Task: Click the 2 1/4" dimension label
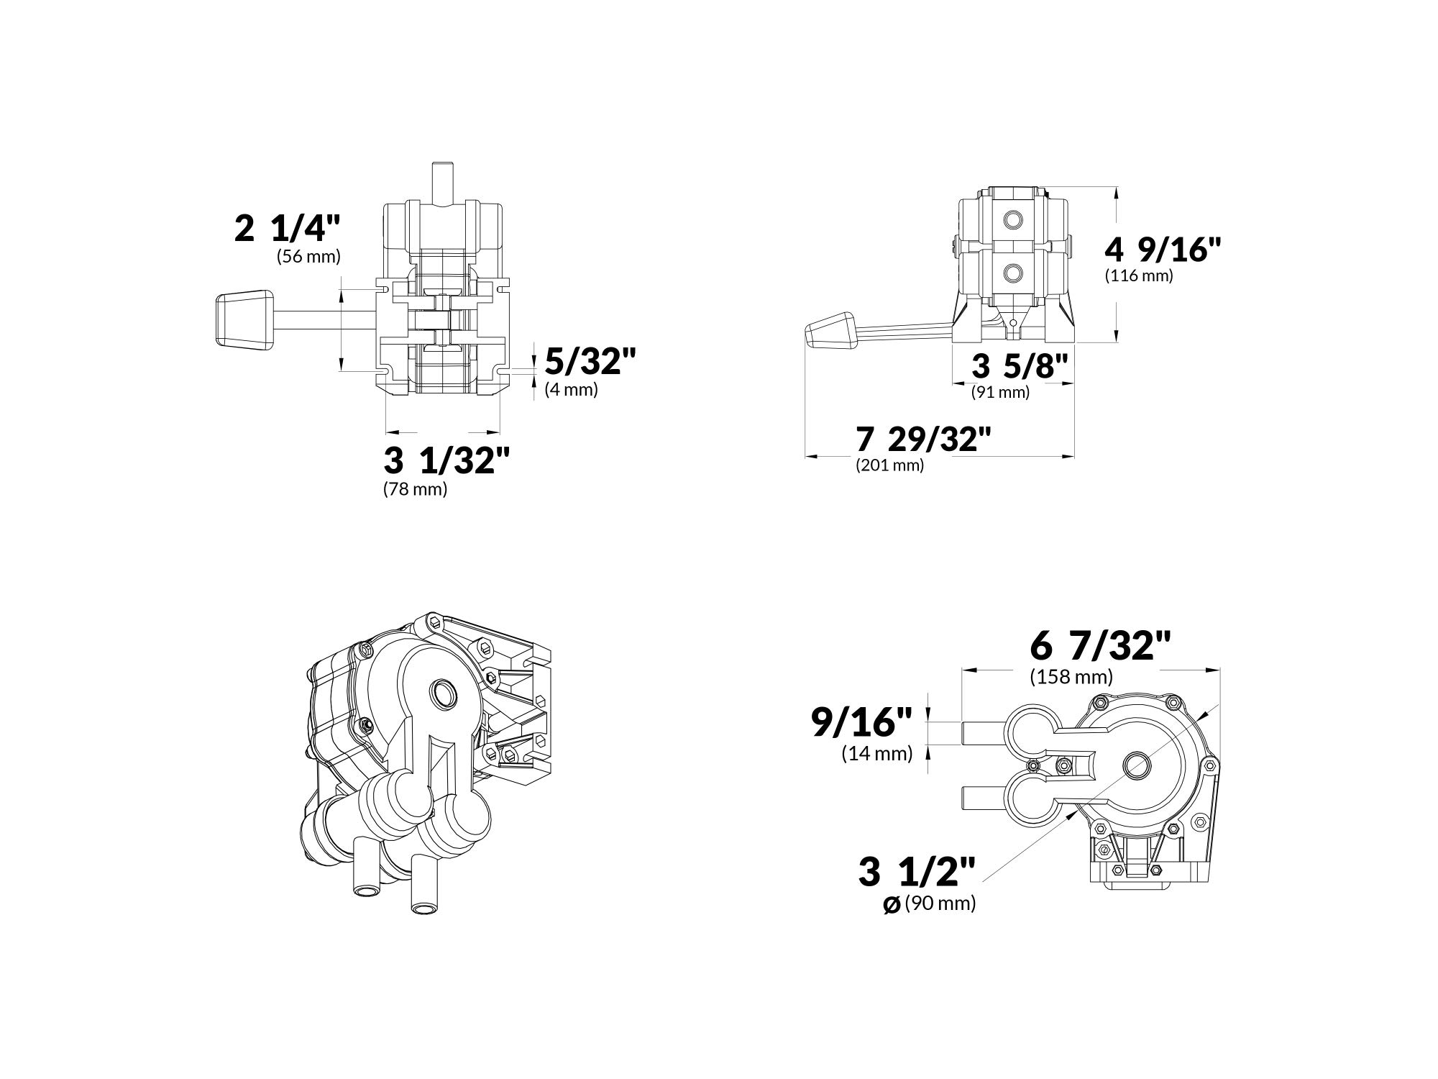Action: click(287, 228)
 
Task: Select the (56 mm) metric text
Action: click(308, 256)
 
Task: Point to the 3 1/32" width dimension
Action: click(446, 460)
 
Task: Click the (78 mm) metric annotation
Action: click(415, 489)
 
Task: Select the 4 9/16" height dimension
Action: click(1163, 249)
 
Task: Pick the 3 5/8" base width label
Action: click(1020, 366)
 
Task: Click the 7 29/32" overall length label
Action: click(923, 439)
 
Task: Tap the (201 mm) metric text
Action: click(889, 465)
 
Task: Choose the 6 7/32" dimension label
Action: click(1100, 645)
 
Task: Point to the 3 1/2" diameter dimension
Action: click(917, 872)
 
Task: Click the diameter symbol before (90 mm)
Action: click(891, 906)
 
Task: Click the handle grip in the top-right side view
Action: click(830, 332)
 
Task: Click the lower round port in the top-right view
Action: click(1015, 273)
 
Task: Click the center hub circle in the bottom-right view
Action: click(1137, 763)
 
